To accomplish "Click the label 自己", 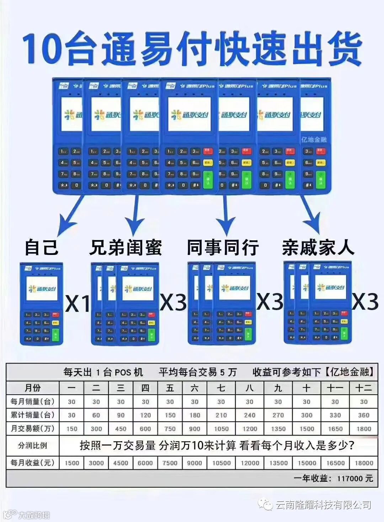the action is pyautogui.click(x=41, y=247).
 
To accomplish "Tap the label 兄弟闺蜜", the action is pyautogui.click(x=126, y=247).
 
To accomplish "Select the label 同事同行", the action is pyautogui.click(x=223, y=247).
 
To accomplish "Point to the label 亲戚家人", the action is pyautogui.click(x=318, y=247).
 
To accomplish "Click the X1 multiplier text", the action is pyautogui.click(x=78, y=303).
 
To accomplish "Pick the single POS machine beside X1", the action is pyautogui.click(x=41, y=304).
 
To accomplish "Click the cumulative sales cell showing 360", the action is pyautogui.click(x=363, y=415).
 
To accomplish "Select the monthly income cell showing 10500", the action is pyautogui.click(x=221, y=463).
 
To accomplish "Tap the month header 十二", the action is pyautogui.click(x=363, y=388).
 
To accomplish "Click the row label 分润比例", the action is pyautogui.click(x=32, y=446).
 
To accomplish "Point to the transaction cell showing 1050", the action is pyautogui.click(x=221, y=429).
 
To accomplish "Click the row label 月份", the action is pyautogui.click(x=32, y=388).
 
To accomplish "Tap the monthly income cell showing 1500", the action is pyautogui.click(x=72, y=463).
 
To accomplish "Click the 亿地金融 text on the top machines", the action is pyautogui.click(x=314, y=139).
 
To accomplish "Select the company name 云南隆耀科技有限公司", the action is pyautogui.click(x=323, y=505).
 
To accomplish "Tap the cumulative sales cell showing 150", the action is pyautogui.click(x=170, y=415).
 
